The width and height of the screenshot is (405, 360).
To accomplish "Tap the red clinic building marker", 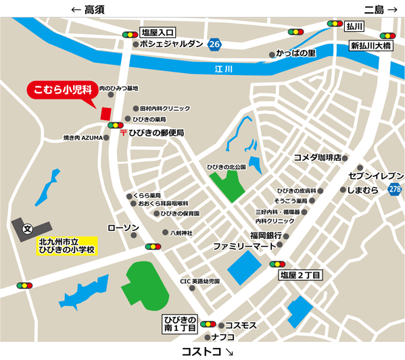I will [105, 113].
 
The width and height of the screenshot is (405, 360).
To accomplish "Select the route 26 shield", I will [215, 45].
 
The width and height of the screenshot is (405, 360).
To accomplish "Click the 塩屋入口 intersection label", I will [158, 32].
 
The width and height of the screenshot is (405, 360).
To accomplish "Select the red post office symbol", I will [122, 133].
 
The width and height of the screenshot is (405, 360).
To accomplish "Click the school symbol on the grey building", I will [27, 229].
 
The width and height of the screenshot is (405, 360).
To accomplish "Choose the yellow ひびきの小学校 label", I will [67, 245].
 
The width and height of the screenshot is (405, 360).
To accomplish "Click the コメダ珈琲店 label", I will [316, 158].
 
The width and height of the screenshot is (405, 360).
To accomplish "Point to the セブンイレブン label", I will [375, 176].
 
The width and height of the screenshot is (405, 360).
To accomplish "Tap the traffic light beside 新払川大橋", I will [387, 36].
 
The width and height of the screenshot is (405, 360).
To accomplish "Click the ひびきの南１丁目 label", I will [179, 323].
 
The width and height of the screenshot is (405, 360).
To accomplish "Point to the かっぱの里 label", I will [297, 53].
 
